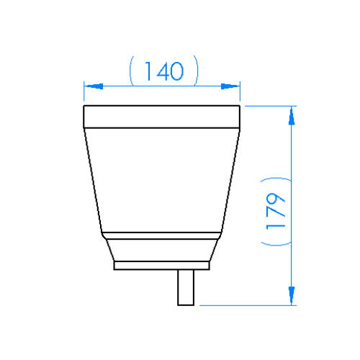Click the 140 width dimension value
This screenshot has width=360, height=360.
164,71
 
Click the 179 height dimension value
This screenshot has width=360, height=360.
276,211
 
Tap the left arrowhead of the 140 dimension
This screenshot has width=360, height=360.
94,86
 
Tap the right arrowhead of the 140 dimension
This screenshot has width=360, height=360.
230,86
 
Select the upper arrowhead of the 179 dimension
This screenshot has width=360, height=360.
292,117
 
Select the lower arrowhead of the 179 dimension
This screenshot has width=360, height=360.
292,295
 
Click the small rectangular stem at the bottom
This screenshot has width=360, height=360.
186,287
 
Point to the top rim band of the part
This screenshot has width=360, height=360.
161,117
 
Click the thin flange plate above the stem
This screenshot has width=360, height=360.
161,266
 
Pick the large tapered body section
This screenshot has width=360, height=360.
161,180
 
